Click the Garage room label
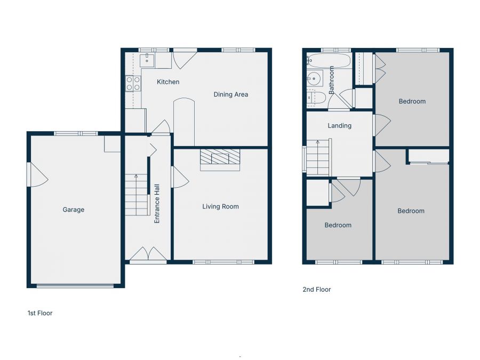coord(74,210)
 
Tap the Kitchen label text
coord(167,82)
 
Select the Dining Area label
coord(230,94)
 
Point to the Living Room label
coord(220,206)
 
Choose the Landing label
coord(340,126)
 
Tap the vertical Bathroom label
coord(331,81)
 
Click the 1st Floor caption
coord(40,313)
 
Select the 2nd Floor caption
coord(317,290)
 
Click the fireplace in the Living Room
coord(220,158)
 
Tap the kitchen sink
coord(147,60)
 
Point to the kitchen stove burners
coord(133,83)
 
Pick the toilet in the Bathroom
coord(316,97)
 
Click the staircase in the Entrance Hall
coord(136,195)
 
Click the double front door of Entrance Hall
coord(148,254)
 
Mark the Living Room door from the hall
coord(179,177)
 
